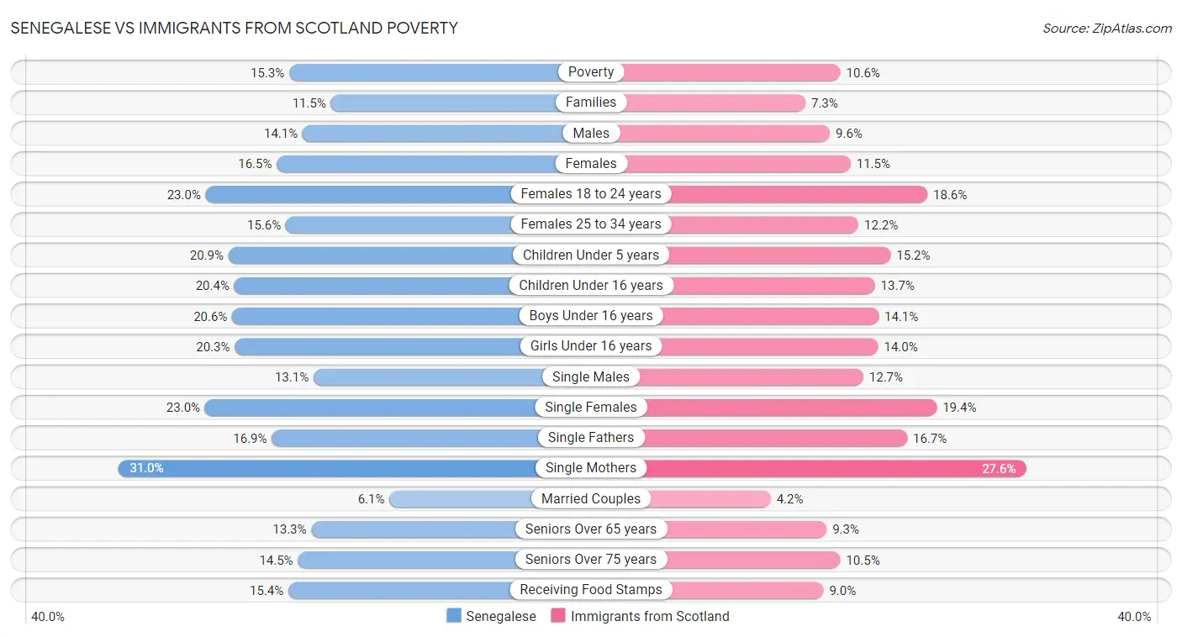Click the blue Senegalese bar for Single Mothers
(336, 468)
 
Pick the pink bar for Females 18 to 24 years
(799, 194)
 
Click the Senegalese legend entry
(491, 616)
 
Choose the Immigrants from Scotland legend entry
(640, 616)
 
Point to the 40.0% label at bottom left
(48, 616)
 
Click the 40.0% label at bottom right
(1133, 616)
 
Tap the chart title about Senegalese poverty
(235, 28)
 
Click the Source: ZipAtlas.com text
(1106, 28)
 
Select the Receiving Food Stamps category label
(591, 590)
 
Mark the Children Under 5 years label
(591, 255)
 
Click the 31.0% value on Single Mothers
(146, 468)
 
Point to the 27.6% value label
(999, 468)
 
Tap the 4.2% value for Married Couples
(789, 498)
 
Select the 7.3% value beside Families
(825, 103)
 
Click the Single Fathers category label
(591, 437)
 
